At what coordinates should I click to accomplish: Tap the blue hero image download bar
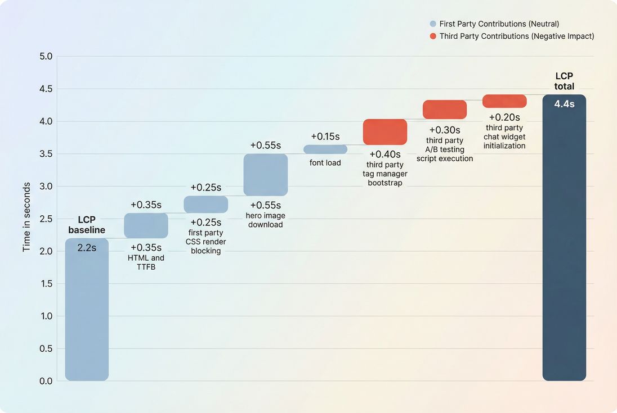pyautogui.click(x=265, y=175)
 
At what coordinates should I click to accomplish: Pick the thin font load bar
pyautogui.click(x=325, y=149)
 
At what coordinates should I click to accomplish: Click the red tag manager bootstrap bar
pyautogui.click(x=385, y=132)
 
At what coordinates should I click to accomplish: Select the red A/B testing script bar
pyautogui.click(x=445, y=110)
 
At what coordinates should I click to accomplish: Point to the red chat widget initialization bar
pyautogui.click(x=504, y=101)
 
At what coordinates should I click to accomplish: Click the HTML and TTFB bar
pyautogui.click(x=146, y=225)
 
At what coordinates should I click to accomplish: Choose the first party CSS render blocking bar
pyautogui.click(x=205, y=204)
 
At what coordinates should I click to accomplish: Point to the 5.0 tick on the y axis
pyautogui.click(x=46, y=57)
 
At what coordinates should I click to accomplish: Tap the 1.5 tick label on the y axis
pyautogui.click(x=46, y=284)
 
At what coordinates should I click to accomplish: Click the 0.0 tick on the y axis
pyautogui.click(x=46, y=381)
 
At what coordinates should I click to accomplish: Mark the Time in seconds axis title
pyautogui.click(x=26, y=216)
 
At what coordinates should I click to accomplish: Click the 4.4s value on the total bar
pyautogui.click(x=564, y=104)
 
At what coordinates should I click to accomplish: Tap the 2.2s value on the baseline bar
pyautogui.click(x=87, y=247)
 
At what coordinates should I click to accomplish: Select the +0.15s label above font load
pyautogui.click(x=325, y=137)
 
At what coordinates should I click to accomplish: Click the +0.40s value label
pyautogui.click(x=385, y=154)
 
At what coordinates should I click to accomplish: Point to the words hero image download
pyautogui.click(x=265, y=220)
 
